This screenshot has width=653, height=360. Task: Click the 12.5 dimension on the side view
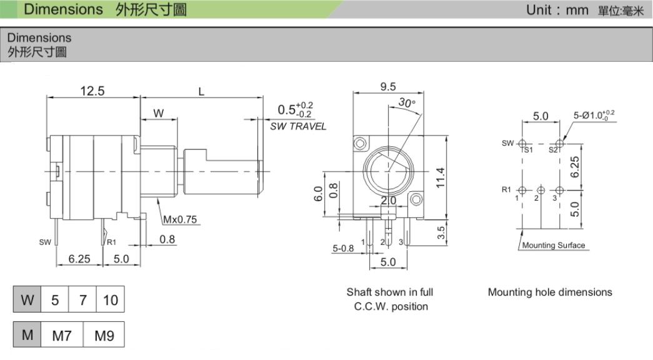coord(92,91)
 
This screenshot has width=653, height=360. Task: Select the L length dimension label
coord(201,91)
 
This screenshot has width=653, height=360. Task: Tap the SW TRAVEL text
coord(298,126)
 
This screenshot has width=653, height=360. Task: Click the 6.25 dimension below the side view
coord(79,259)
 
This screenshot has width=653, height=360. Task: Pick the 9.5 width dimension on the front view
coord(388,87)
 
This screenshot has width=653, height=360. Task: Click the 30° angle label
coord(407,103)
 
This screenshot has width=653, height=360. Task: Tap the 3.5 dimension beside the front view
coord(441,232)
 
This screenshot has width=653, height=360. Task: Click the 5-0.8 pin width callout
coord(343,248)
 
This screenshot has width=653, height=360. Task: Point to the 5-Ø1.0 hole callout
coord(594,115)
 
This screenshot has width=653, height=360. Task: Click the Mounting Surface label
coord(553,245)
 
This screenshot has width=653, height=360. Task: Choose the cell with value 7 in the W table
coord(82,300)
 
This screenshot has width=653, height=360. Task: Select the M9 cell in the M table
coord(104,336)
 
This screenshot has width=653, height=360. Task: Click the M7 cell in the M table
coord(62,336)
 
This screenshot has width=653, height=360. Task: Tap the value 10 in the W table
coord(110,300)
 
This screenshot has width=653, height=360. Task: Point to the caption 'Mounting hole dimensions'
coord(550,292)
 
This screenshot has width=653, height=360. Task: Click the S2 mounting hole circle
coord(559,143)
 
